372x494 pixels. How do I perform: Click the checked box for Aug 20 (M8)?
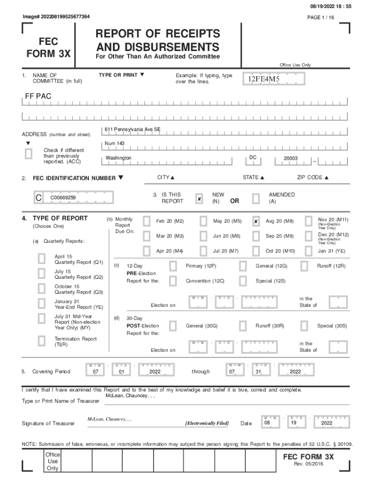[256, 221]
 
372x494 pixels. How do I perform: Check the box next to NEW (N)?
[199, 199]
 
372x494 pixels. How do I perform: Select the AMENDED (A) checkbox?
[256, 199]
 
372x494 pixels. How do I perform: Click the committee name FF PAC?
[39, 96]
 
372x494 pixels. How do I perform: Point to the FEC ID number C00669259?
[63, 198]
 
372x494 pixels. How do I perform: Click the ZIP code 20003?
[290, 158]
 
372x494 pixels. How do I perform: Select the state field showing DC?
[253, 158]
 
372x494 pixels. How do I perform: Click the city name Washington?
[118, 158]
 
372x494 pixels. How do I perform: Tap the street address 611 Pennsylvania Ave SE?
[132, 129]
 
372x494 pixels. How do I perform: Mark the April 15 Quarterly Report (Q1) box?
[42, 259]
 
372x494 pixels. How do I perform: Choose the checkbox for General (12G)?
[243, 266]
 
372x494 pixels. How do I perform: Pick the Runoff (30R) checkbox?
[243, 326]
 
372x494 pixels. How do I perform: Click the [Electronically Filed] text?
[207, 423]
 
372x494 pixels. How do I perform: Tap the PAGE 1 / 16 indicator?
[320, 17]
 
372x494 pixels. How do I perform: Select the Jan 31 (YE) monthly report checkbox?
[308, 251]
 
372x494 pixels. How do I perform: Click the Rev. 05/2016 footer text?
[309, 464]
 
